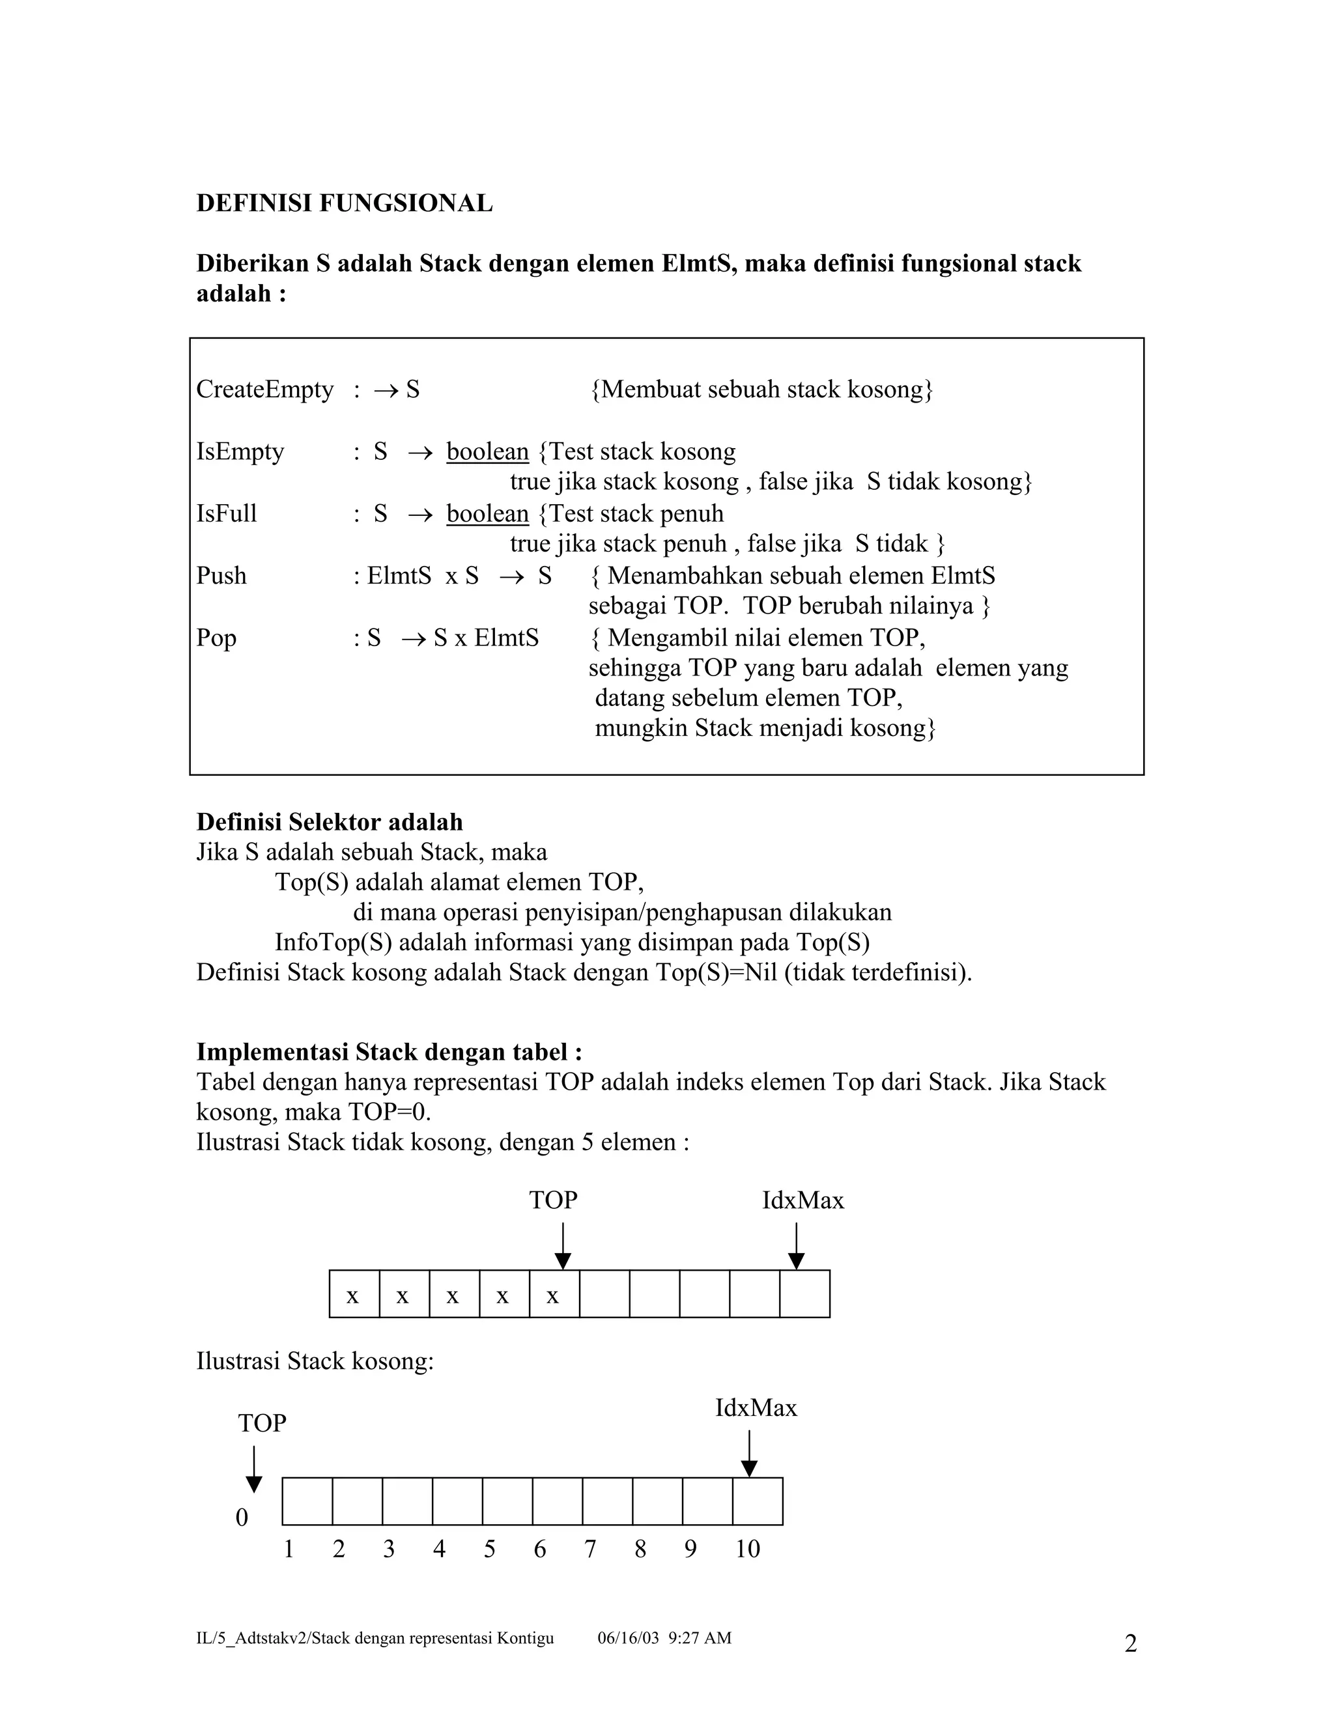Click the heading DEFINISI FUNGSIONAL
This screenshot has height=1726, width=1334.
344,203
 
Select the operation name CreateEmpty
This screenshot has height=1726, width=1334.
264,389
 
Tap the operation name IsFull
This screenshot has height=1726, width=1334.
227,514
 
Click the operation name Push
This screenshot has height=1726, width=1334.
221,575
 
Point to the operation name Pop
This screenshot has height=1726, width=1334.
216,638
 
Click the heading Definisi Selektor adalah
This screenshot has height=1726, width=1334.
330,822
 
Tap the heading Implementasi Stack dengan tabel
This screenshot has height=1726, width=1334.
389,1052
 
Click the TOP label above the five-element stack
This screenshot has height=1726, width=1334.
553,1200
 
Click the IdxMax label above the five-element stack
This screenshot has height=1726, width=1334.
803,1200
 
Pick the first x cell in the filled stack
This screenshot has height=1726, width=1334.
353,1296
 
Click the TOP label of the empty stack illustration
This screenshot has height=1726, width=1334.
263,1423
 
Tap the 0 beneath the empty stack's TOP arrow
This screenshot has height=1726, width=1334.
242,1518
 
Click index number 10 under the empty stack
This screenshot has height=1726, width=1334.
748,1549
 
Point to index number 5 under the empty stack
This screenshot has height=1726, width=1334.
490,1549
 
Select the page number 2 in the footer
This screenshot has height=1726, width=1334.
1130,1644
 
